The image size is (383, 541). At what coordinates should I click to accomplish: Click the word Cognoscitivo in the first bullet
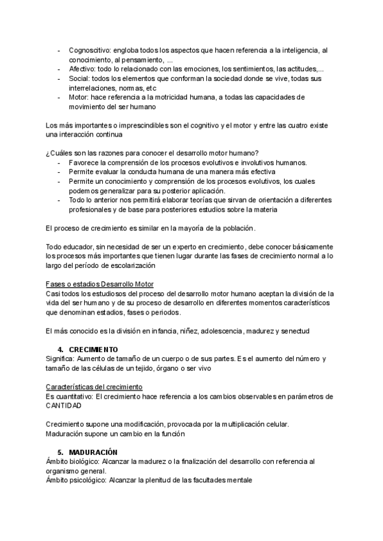pos(89,50)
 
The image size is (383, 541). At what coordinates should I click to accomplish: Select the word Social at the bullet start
pos(80,78)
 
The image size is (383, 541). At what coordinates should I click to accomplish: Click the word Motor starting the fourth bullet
pos(79,97)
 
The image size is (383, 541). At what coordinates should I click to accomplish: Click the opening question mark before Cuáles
pos(48,153)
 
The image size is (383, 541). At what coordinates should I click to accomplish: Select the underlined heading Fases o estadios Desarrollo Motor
pos(100,283)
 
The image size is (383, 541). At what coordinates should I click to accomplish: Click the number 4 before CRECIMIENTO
pos(59,350)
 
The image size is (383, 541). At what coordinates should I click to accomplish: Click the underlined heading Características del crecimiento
pos(94,387)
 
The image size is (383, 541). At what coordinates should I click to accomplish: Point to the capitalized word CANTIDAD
pos(63,406)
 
